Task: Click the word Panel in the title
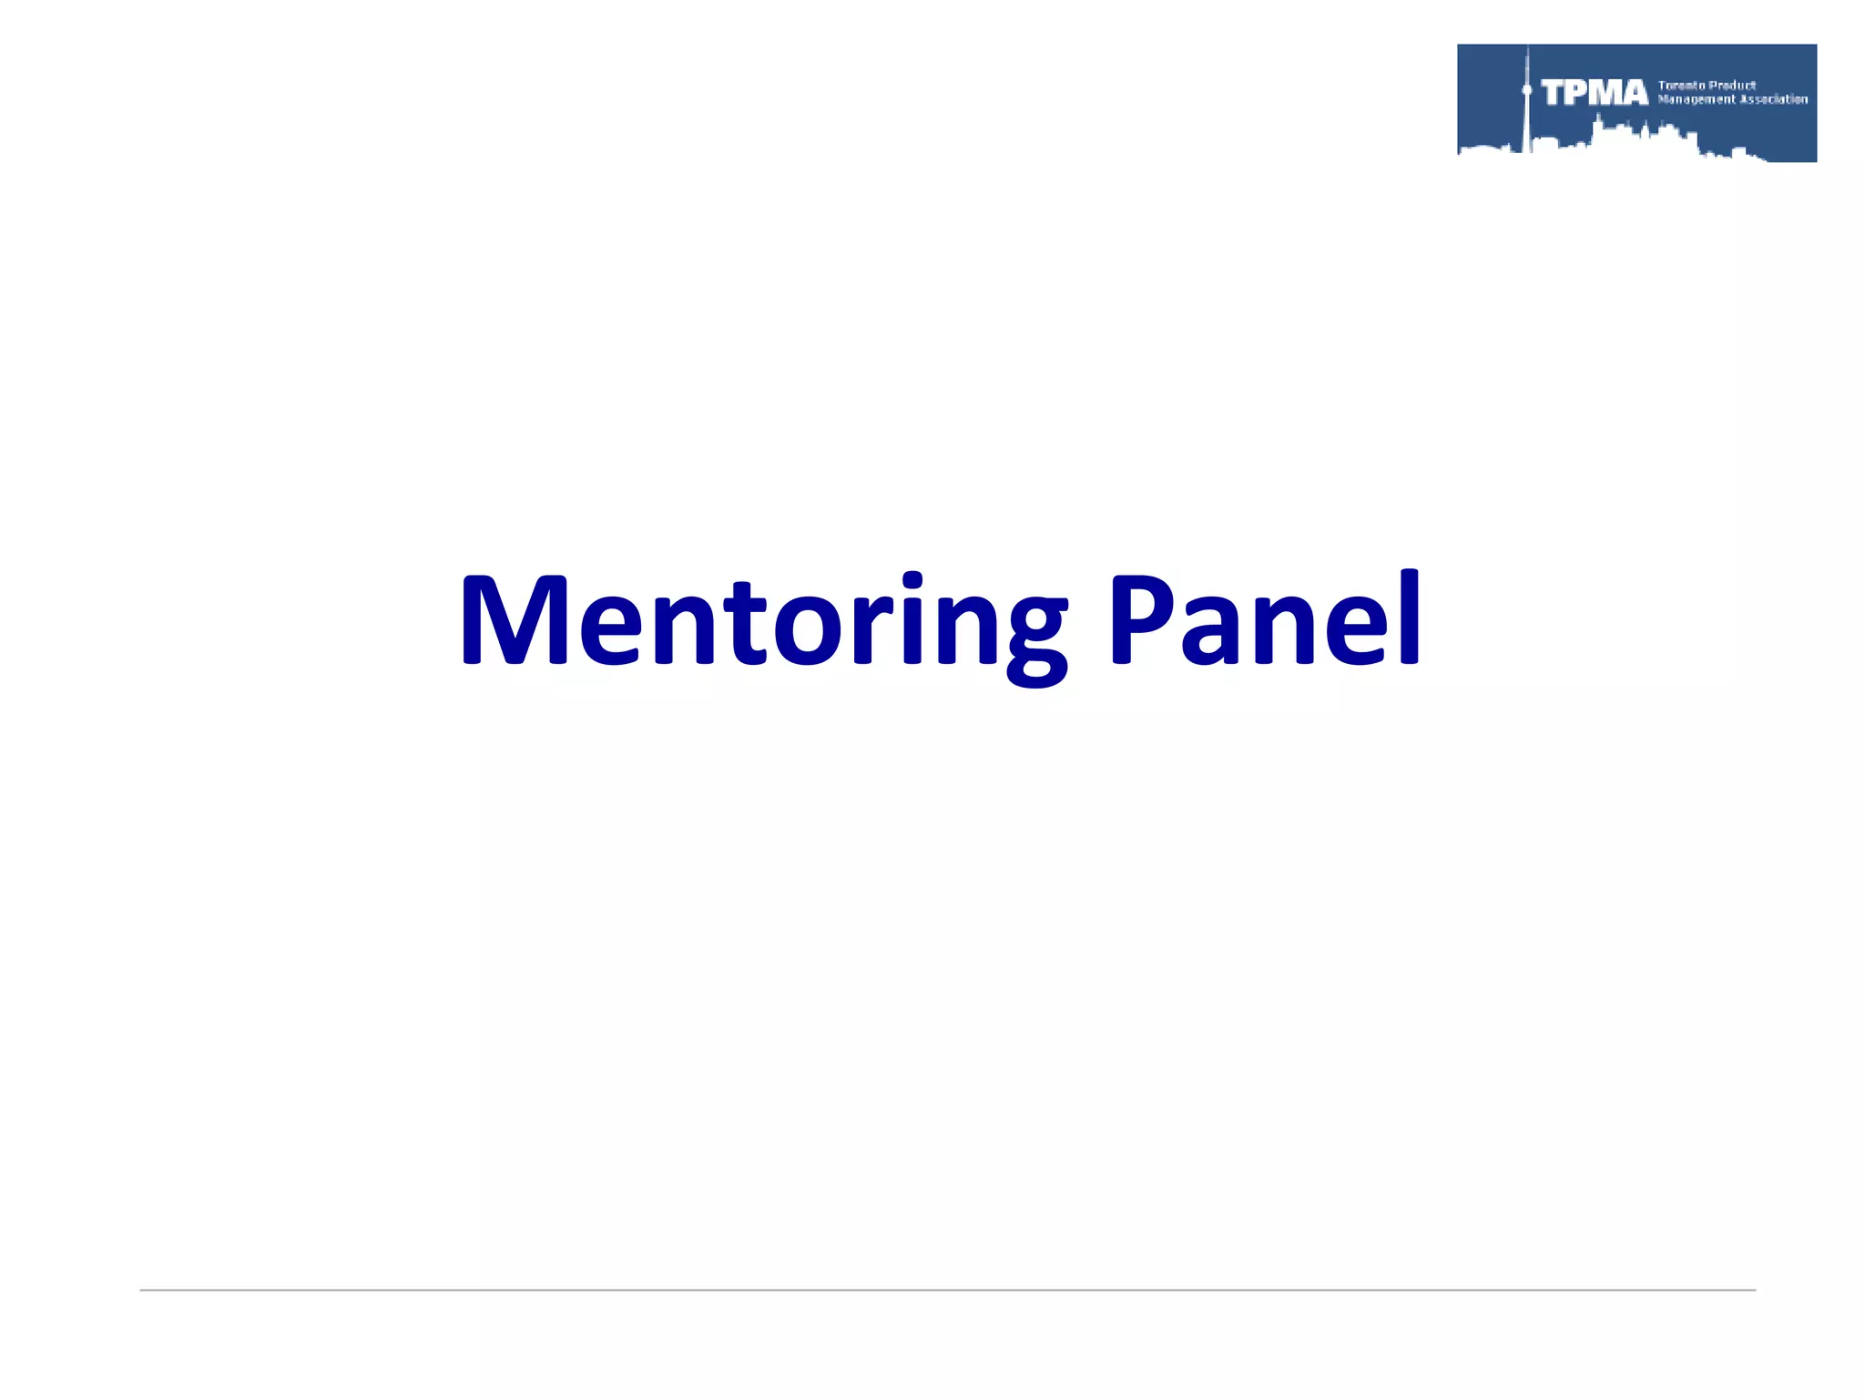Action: pos(1263,619)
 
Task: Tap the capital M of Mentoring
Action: pos(515,619)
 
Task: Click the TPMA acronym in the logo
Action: pos(1595,93)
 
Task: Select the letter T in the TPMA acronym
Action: pos(1554,93)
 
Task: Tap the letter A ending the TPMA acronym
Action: pos(1633,93)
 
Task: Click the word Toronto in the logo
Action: pos(1681,86)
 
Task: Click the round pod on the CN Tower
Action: pos(1527,90)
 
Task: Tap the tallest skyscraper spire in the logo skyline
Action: pos(1527,59)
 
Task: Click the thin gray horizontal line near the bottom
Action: pos(947,1290)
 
